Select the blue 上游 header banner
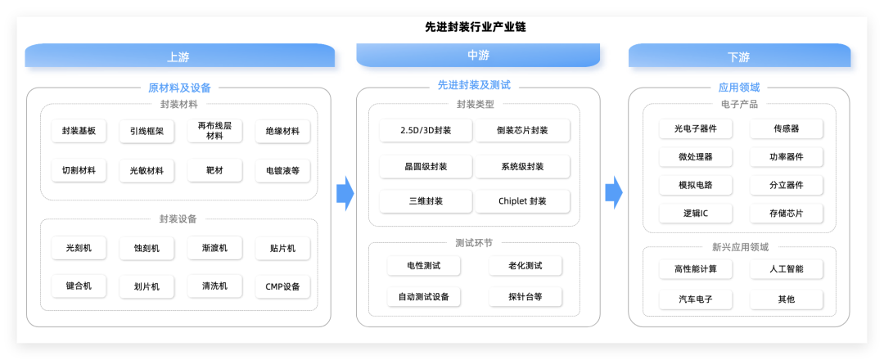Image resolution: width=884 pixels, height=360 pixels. point(178,56)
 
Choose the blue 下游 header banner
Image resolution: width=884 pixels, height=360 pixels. point(738,56)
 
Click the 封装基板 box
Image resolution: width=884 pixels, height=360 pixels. point(79,131)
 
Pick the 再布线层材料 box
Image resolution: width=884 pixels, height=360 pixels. point(214,130)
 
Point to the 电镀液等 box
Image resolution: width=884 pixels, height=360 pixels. point(282,171)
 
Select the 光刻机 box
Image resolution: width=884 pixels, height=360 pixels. point(79,248)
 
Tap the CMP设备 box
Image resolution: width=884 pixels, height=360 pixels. point(282,286)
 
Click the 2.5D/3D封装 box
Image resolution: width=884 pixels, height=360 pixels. point(426,131)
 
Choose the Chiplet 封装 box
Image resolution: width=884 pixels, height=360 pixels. point(522,201)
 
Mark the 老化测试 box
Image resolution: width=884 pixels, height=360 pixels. point(525,266)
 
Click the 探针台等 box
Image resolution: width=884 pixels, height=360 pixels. point(525,296)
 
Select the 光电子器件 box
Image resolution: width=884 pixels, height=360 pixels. point(696,128)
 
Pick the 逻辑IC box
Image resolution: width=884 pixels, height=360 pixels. point(696,214)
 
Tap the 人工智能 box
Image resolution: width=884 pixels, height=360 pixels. point(787,269)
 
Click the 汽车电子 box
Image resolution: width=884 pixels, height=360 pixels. point(696,299)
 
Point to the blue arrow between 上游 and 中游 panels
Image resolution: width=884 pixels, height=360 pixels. point(345,193)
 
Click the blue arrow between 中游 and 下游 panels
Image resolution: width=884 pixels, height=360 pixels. point(613,192)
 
